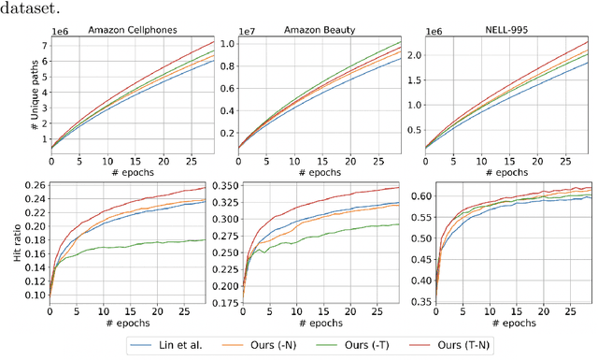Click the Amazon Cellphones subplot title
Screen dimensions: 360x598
point(135,30)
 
